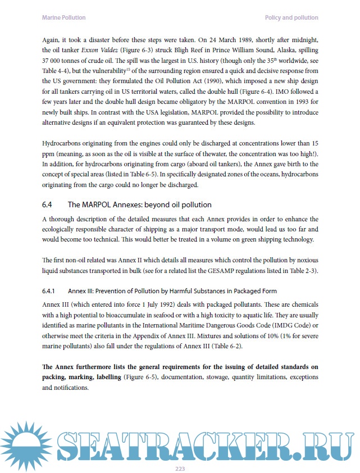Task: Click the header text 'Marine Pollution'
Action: click(64, 18)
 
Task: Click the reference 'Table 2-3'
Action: click(301, 271)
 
